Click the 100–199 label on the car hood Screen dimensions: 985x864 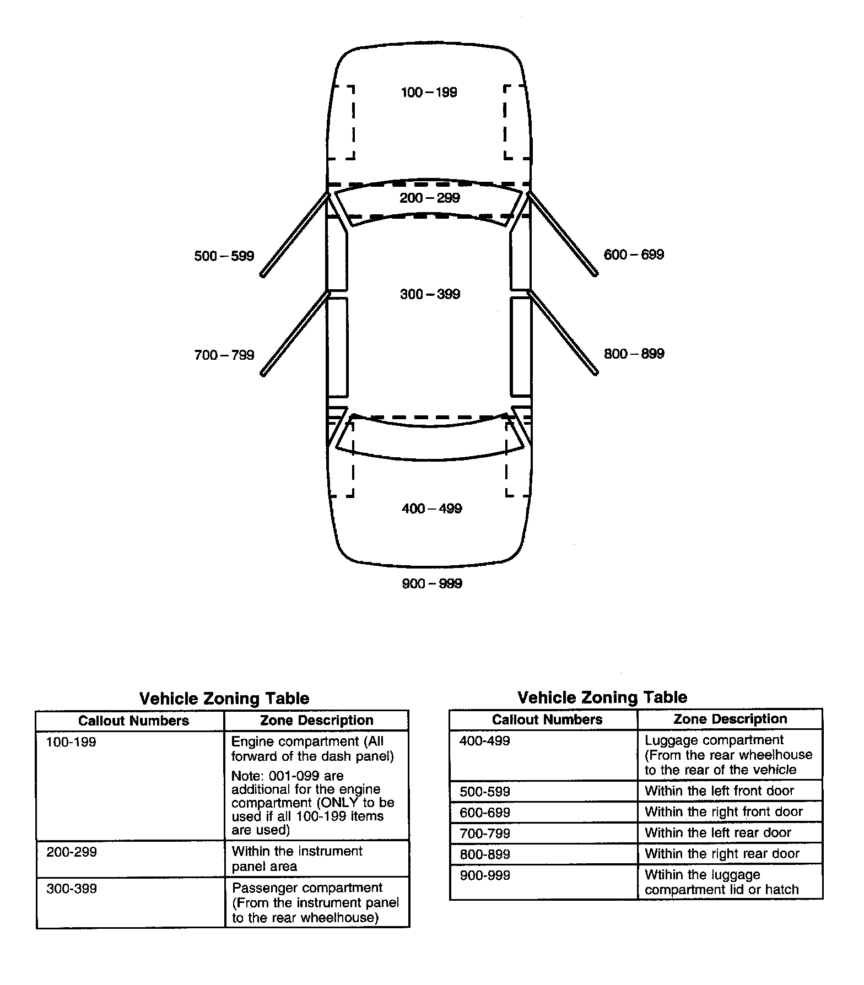(429, 93)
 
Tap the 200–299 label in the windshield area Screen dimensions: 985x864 (429, 198)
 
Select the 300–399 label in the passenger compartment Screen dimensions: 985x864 (430, 294)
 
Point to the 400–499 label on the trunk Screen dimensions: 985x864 (431, 508)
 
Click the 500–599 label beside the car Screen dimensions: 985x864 (224, 256)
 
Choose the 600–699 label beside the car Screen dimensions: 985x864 (634, 255)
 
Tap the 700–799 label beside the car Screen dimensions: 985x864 (224, 355)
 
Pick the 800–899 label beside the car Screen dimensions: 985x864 (634, 354)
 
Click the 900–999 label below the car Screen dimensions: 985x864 (431, 583)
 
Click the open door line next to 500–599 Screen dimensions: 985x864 (295, 235)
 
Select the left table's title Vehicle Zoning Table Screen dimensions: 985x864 (224, 699)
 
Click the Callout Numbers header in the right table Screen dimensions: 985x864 (547, 719)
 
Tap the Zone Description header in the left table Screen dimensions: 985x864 (316, 720)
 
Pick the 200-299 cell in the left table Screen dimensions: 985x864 (71, 852)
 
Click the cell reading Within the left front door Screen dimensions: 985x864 (719, 791)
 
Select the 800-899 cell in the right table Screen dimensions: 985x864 (484, 854)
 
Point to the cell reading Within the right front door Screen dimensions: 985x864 (723, 811)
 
